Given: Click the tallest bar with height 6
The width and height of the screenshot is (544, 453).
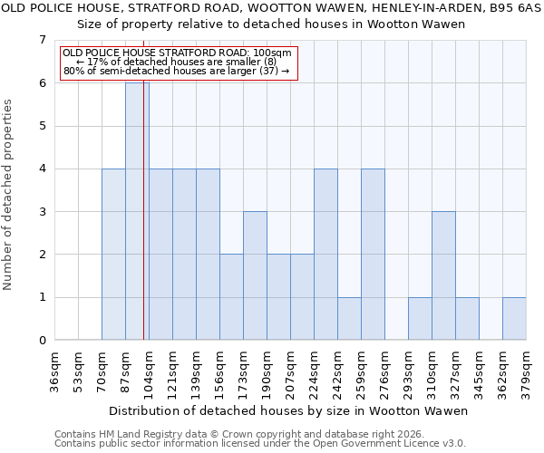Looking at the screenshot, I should tap(136, 211).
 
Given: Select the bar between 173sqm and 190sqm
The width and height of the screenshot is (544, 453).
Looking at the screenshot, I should tap(255, 275).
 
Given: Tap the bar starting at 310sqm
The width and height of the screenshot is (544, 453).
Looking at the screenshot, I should tap(443, 275).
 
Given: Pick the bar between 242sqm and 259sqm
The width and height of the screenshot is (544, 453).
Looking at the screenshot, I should tap(349, 318).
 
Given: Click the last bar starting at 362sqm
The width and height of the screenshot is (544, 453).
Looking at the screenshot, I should tap(514, 318).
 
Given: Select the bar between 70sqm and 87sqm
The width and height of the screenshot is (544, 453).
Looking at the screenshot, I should tap(113, 254).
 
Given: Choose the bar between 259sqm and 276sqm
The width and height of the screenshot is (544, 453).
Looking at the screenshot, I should tap(373, 254).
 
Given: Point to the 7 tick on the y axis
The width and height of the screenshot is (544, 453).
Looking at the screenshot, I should tap(42, 40).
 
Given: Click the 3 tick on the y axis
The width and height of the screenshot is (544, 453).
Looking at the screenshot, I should tap(42, 212).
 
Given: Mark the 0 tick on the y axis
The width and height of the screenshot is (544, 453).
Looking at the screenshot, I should tap(42, 341).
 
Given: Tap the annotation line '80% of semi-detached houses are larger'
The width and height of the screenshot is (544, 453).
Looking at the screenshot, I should tap(177, 71).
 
